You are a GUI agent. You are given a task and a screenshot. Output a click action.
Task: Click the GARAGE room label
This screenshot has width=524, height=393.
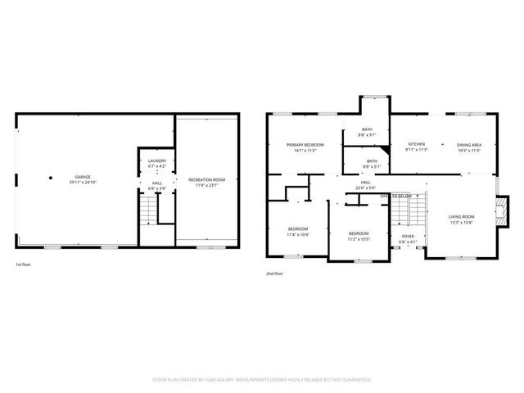click(x=83, y=177)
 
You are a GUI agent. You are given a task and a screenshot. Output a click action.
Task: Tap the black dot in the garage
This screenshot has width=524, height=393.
click(x=51, y=177)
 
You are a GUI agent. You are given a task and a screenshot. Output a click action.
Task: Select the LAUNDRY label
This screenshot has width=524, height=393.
click(x=157, y=161)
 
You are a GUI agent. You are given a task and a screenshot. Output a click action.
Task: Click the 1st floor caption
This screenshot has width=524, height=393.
click(x=24, y=264)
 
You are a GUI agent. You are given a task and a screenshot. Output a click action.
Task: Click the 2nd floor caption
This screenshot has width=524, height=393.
click(x=274, y=273)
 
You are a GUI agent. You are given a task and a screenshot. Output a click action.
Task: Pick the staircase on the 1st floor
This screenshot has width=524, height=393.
click(x=146, y=215)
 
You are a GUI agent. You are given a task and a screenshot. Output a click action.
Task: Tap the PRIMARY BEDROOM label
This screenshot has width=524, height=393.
click(x=301, y=145)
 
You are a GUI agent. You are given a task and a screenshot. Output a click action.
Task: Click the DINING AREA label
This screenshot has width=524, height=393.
click(x=469, y=145)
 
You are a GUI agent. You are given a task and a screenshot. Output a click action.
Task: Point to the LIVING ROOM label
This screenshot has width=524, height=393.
click(x=461, y=217)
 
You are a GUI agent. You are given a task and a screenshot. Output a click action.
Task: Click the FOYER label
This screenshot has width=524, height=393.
click(x=407, y=236)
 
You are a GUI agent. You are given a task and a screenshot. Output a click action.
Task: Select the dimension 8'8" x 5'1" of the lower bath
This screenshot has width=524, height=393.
click(x=372, y=167)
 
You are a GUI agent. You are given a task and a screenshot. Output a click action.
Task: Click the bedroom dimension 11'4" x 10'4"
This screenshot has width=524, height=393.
click(x=297, y=234)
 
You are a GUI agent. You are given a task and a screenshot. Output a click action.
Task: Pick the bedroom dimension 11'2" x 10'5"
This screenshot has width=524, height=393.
click(x=359, y=239)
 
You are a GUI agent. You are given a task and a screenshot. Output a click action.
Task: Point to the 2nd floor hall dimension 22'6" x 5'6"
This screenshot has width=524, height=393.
click(x=365, y=188)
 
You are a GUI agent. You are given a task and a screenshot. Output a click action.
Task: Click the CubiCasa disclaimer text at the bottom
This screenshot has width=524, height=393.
click(x=262, y=380)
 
